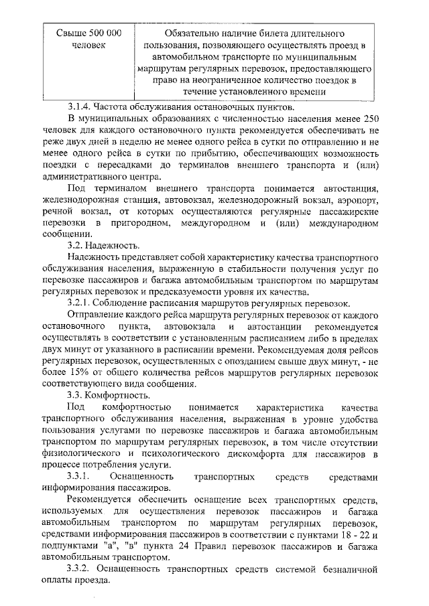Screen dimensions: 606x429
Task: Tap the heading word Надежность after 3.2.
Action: click(112, 246)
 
